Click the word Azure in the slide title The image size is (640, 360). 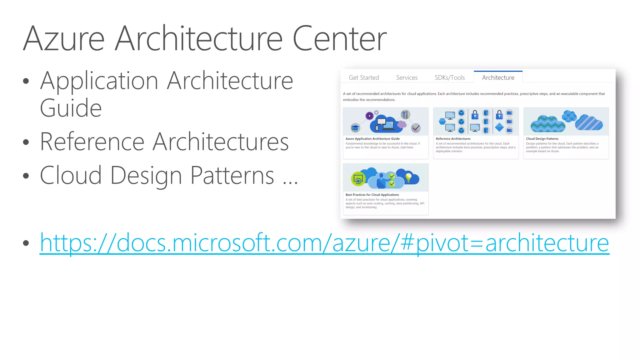(x=64, y=39)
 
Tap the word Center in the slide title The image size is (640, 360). (x=339, y=39)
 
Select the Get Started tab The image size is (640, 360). (x=364, y=77)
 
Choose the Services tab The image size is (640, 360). (x=407, y=77)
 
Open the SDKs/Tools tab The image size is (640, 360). (x=450, y=77)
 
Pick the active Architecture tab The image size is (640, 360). (x=498, y=77)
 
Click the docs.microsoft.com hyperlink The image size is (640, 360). (x=324, y=243)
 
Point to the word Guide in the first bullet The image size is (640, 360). (x=71, y=108)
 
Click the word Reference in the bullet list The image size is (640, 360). (x=92, y=142)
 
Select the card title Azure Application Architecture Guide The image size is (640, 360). (x=372, y=139)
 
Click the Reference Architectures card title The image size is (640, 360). (x=453, y=139)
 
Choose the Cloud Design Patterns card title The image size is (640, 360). (x=542, y=139)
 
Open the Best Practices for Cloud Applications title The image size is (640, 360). (x=372, y=195)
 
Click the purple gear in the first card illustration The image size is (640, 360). (x=369, y=116)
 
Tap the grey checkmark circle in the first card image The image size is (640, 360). (x=416, y=128)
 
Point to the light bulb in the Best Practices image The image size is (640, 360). (x=408, y=177)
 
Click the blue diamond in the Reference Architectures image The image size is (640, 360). (x=499, y=127)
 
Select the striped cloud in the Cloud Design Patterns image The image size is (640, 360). (x=589, y=122)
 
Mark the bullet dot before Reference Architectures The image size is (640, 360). (x=26, y=142)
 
